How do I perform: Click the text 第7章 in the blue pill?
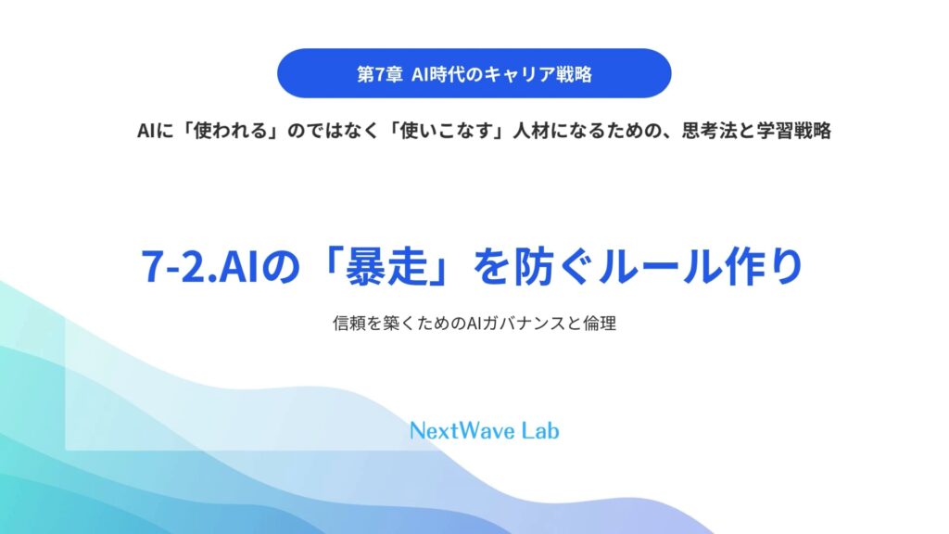379,74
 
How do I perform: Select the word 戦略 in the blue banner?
574,74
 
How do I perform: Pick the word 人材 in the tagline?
531,131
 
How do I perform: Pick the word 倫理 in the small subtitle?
600,324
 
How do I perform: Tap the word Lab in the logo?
540,431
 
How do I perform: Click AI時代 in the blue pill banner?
439,74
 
